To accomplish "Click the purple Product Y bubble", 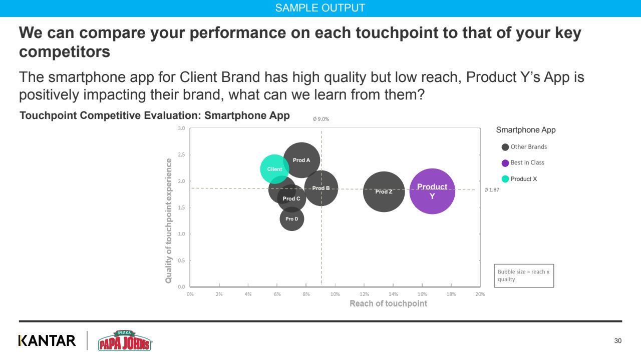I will click(x=432, y=191).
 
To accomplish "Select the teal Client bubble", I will click(x=274, y=169).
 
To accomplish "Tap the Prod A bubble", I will click(x=301, y=160).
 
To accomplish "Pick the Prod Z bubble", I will click(x=384, y=191).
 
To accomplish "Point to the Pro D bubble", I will click(x=292, y=219).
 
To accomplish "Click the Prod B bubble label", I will click(x=321, y=188).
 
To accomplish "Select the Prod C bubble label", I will click(x=291, y=198).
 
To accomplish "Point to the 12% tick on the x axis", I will click(x=365, y=294).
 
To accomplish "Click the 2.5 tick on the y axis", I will click(x=181, y=154).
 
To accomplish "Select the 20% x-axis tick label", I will click(x=480, y=294).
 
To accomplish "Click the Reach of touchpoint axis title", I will click(x=388, y=303).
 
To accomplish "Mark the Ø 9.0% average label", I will click(x=321, y=119).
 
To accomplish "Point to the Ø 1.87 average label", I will click(x=492, y=190).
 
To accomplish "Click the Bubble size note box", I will click(x=524, y=275).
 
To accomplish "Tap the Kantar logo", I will click(x=47, y=341).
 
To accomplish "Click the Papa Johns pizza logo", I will click(x=124, y=340).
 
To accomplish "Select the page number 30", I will click(x=617, y=341).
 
